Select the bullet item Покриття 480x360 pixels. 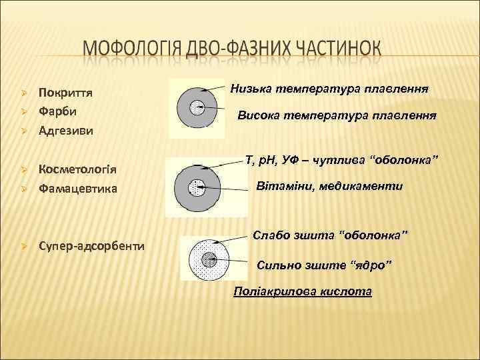65,92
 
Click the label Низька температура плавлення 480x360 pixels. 329,87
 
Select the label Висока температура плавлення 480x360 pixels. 337,115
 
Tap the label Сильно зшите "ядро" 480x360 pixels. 325,266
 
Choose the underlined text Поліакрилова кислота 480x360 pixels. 302,292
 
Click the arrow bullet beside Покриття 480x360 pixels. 23,92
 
